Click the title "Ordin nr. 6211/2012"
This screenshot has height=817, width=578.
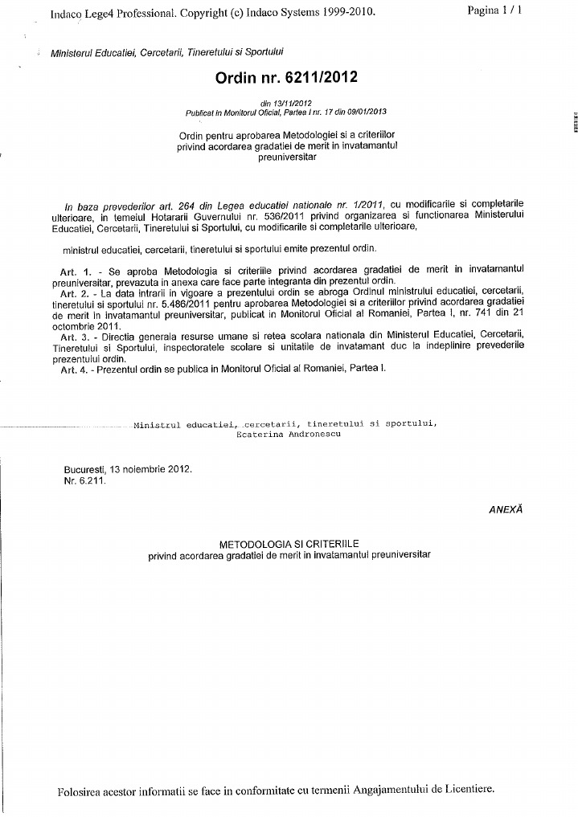coord(285,78)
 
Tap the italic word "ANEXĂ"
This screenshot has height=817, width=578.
coord(506,509)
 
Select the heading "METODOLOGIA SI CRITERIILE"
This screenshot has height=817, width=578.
coord(289,544)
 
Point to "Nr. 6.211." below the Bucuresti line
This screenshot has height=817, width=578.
coord(84,480)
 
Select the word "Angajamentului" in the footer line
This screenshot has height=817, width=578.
coord(391,789)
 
